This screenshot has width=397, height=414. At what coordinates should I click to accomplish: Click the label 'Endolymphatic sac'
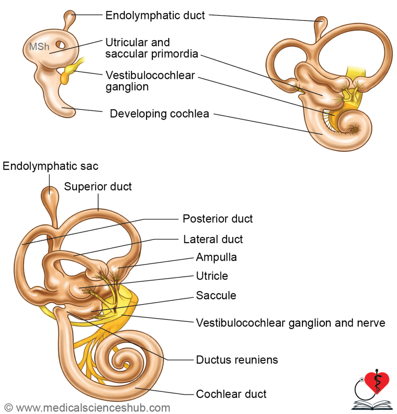(x=50, y=166)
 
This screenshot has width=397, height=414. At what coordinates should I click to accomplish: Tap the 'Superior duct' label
(x=98, y=187)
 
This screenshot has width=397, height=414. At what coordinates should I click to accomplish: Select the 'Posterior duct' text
(x=217, y=219)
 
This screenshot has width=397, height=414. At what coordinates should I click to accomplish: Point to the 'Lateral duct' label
(x=213, y=239)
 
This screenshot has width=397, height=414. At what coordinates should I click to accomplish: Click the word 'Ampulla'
(x=216, y=257)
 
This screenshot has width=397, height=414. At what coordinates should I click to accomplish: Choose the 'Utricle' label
(x=212, y=276)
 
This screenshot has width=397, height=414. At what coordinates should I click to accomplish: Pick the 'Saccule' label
(x=216, y=296)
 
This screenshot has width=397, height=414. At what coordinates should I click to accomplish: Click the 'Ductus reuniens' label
(x=237, y=359)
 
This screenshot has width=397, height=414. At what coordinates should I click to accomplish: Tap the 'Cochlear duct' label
(x=231, y=394)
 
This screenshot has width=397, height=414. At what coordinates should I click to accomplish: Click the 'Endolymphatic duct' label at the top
(x=155, y=16)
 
